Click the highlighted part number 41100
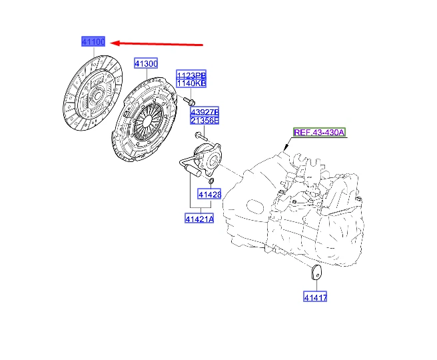[x=93, y=42]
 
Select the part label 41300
[x=145, y=63]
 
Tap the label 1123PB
[x=191, y=73]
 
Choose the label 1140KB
[x=191, y=83]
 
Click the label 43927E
[x=205, y=111]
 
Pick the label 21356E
[x=205, y=121]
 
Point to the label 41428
[x=209, y=195]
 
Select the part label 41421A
[x=199, y=218]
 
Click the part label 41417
[x=315, y=297]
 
